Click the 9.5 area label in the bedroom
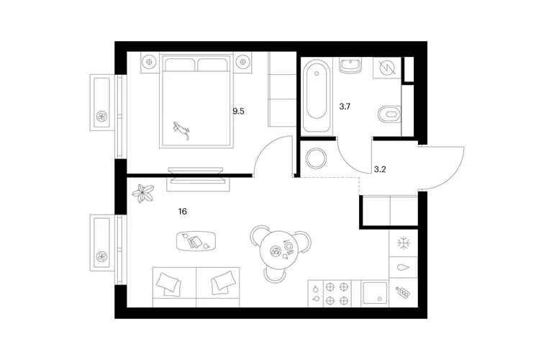click(x=238, y=112)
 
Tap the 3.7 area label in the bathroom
click(x=345, y=107)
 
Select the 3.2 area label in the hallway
click(x=380, y=169)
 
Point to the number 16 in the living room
click(x=182, y=212)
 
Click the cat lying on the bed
click(x=181, y=130)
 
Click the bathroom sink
click(x=350, y=66)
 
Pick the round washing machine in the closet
click(x=316, y=158)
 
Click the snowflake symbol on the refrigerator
click(x=403, y=243)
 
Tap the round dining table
click(x=280, y=251)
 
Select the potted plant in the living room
click(x=142, y=194)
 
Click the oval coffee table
click(x=196, y=241)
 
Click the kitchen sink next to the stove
click(x=375, y=293)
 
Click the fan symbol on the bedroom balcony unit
click(x=101, y=117)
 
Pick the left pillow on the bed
click(x=180, y=65)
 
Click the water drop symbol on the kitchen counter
click(x=403, y=267)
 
